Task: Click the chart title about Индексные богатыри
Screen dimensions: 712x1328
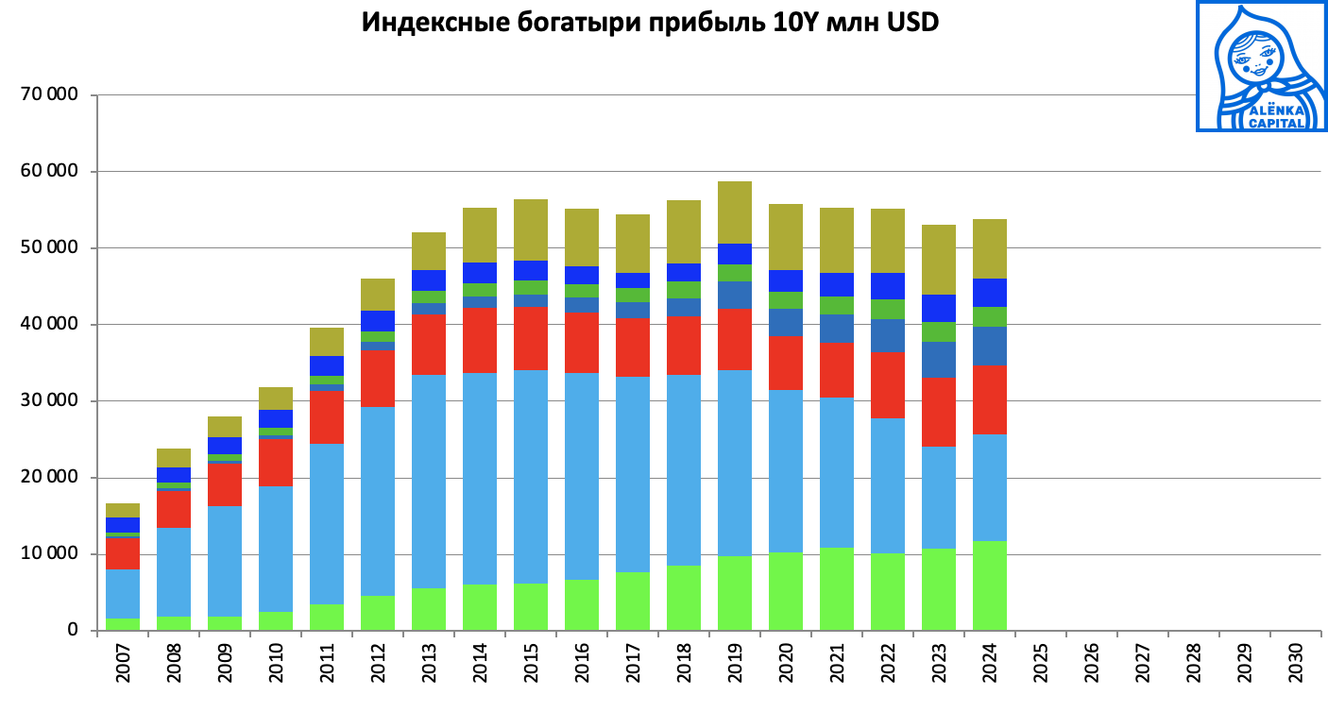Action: tap(650, 24)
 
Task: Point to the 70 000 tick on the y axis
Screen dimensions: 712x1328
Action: tap(55, 95)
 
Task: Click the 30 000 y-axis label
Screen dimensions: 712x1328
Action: tap(55, 401)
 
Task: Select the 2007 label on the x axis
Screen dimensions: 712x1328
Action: tap(123, 664)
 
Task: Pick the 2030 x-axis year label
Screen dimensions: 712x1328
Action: tap(1295, 664)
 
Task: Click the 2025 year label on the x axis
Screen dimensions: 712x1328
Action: tap(1040, 664)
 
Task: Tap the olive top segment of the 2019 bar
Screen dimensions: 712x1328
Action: tap(734, 212)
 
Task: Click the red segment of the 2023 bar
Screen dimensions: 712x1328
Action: tap(938, 412)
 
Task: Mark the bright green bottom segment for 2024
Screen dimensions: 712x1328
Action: tap(989, 585)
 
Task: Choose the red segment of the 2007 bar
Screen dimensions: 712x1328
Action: tap(123, 552)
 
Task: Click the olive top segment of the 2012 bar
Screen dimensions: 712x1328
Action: tap(377, 295)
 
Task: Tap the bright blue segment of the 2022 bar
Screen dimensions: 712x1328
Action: tap(887, 286)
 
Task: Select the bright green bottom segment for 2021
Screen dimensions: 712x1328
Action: tap(836, 588)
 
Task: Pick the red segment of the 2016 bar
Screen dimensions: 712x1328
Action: tap(581, 343)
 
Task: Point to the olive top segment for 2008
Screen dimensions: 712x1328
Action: tap(174, 458)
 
